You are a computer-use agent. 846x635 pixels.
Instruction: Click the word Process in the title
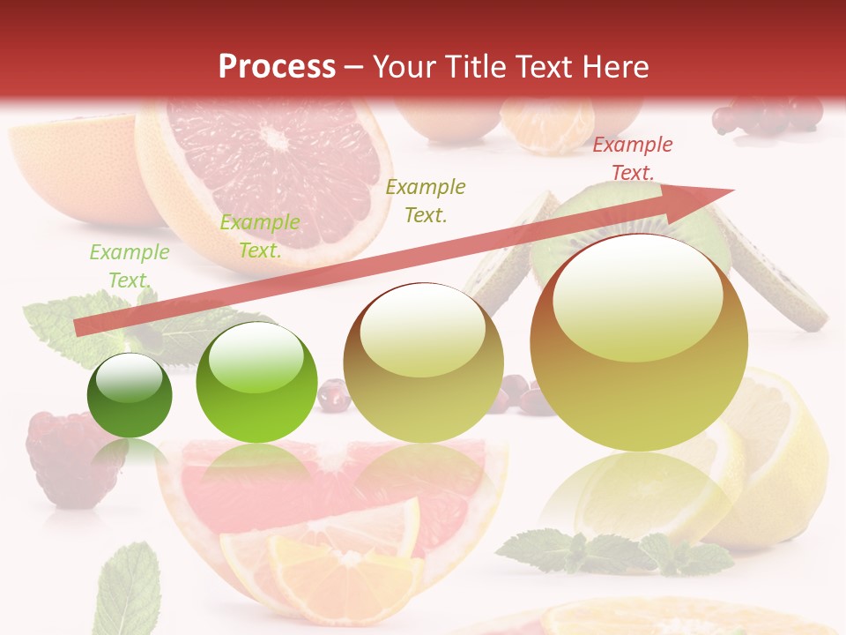point(277,67)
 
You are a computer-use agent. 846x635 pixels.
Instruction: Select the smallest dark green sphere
point(130,395)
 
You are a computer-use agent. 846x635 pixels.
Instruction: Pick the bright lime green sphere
point(256,382)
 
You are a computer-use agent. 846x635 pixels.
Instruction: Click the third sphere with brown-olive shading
point(423,362)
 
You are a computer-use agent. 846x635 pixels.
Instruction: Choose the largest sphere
point(639,342)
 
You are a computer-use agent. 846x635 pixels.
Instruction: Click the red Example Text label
point(632,159)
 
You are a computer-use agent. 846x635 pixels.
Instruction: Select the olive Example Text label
point(426,200)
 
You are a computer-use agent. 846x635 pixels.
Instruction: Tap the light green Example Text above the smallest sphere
point(129,265)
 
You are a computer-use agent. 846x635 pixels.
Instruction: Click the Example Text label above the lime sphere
point(259,235)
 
